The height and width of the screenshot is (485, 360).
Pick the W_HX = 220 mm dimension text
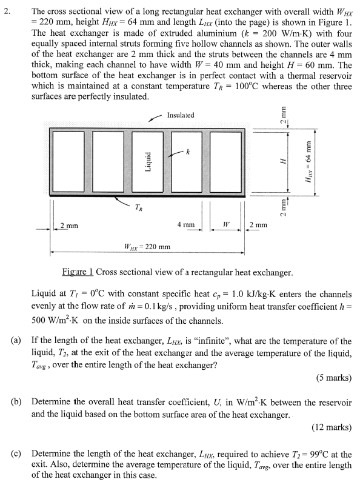pos(147,247)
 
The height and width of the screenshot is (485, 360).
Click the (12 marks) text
pos(331,427)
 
